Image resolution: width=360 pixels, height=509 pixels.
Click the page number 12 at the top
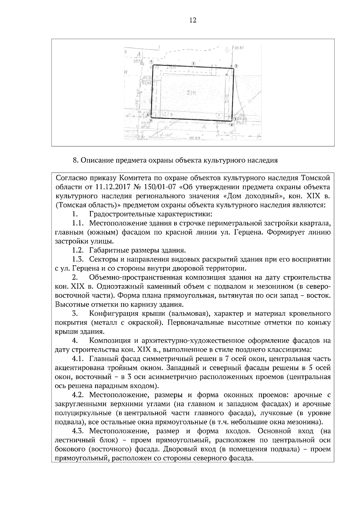[x=193, y=20]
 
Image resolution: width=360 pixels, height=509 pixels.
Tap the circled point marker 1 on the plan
[x=194, y=64]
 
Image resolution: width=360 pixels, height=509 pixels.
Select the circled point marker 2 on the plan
[x=236, y=66]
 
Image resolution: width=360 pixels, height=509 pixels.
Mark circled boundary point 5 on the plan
[x=151, y=121]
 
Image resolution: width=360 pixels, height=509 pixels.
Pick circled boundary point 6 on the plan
[x=148, y=115]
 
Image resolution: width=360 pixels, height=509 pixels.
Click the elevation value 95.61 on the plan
[x=239, y=48]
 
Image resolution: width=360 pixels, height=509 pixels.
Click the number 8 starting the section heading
[x=75, y=160]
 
